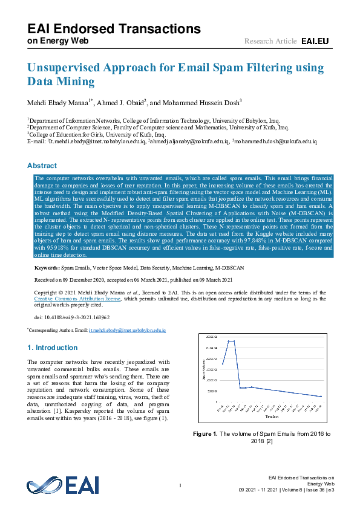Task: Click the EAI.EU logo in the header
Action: tap(314, 41)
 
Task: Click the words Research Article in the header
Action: tap(270, 41)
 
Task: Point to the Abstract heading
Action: tap(42, 166)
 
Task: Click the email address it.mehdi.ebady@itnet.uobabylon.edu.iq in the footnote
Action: tap(126, 331)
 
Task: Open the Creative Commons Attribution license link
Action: tap(77, 299)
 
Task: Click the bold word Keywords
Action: tap(46, 267)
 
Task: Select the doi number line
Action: tap(72, 317)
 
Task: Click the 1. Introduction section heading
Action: tap(53, 348)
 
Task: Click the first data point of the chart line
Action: tap(223, 364)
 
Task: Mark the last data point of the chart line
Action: tap(321, 397)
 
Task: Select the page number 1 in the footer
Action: tap(180, 485)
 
